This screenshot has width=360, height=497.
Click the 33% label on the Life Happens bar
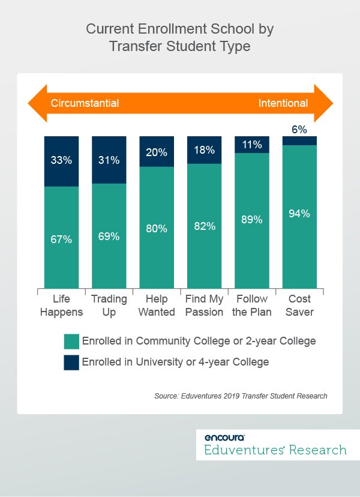(x=62, y=161)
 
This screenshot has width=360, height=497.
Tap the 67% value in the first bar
(x=62, y=239)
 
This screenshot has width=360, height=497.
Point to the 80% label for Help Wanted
(x=157, y=228)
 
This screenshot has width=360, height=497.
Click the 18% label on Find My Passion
(x=205, y=150)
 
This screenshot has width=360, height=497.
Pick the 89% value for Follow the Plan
(x=252, y=220)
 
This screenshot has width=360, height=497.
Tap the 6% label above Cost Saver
(x=299, y=129)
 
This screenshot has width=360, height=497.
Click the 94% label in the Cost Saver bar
(x=299, y=214)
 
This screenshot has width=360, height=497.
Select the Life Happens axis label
(x=62, y=306)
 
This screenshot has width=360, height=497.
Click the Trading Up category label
(x=109, y=306)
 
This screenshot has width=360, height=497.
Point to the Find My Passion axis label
(x=205, y=306)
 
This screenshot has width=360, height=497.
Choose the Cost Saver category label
(x=299, y=306)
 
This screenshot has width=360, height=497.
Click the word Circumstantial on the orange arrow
(x=85, y=103)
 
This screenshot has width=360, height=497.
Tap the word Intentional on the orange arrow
(x=283, y=103)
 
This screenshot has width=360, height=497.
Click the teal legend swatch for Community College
(x=71, y=342)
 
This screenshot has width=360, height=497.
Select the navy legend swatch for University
(x=71, y=362)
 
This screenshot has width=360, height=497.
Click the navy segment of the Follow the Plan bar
(x=252, y=145)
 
